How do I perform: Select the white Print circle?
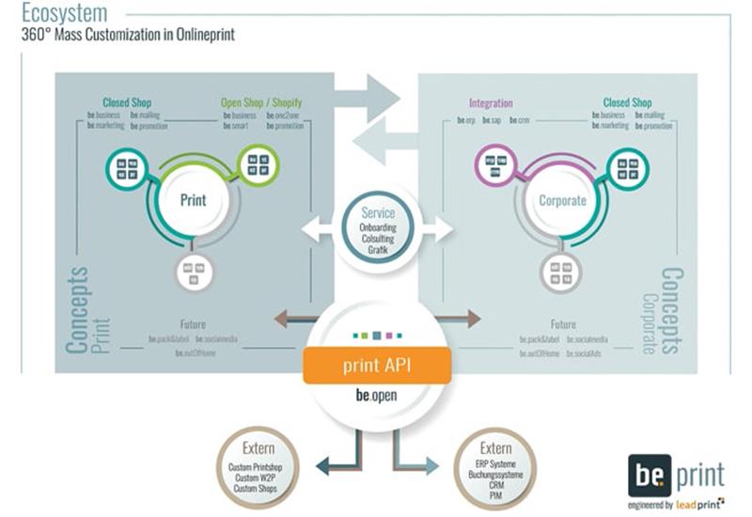pyautogui.click(x=193, y=199)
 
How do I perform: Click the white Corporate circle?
pyautogui.click(x=562, y=200)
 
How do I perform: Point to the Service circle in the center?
pyautogui.click(x=378, y=227)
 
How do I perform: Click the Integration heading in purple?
pyautogui.click(x=490, y=102)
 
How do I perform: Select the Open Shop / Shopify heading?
pyautogui.click(x=261, y=102)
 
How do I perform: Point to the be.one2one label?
pyautogui.click(x=284, y=116)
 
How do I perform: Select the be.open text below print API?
pyautogui.click(x=377, y=396)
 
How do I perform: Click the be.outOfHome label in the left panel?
pyautogui.click(x=194, y=352)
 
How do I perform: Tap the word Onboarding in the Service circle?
pyautogui.click(x=378, y=227)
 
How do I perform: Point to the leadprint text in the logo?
pyautogui.click(x=697, y=504)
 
